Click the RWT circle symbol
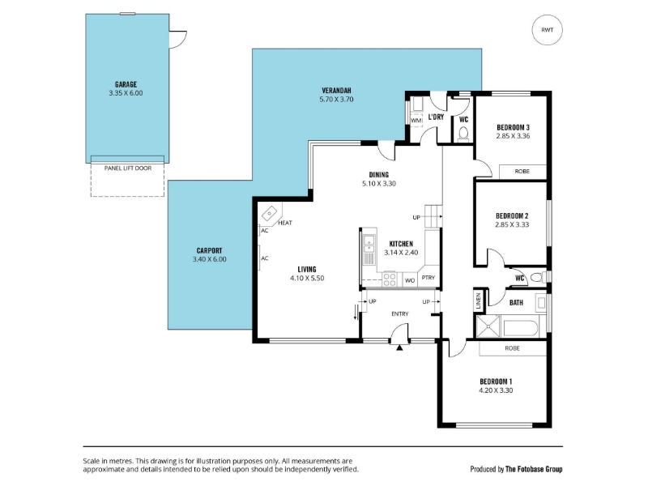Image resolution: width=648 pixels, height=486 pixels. pos(548,30)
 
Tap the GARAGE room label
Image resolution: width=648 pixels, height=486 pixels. pos(126,85)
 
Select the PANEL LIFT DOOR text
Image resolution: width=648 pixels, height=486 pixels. pos(128,168)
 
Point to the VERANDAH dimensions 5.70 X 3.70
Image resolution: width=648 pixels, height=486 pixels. pos(336,99)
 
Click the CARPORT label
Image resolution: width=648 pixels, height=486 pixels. pos(209,250)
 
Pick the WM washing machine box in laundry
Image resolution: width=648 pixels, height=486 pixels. pos(416,121)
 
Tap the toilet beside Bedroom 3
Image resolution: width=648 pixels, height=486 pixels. pos(463,134)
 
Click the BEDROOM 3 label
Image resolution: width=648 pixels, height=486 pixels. pos(513,127)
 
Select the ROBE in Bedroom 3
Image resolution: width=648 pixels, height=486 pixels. pos(522,172)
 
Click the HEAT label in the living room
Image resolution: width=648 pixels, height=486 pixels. pos(285,223)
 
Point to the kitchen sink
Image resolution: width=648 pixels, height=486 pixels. pos(369,244)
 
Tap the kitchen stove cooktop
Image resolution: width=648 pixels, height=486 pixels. pos(390,279)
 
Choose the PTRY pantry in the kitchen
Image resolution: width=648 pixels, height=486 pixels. pos(428,278)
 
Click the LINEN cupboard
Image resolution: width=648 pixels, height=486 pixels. pos(479,301)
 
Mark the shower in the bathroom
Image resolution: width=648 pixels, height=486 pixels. pos(488,326)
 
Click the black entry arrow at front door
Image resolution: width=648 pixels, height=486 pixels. pos(399,347)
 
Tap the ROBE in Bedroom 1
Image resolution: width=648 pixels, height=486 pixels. pos(513,348)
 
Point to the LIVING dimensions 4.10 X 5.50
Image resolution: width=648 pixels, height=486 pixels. pos(307,278)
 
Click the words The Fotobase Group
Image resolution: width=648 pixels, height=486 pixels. pos(534,469)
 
